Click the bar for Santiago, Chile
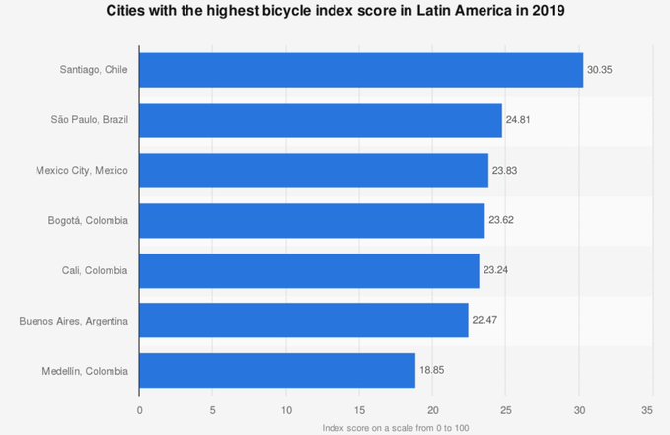tap(360, 70)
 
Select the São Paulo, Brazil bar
tap(320, 120)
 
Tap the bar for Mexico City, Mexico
tap(313, 171)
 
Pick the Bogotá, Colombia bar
tap(311, 221)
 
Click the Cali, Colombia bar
tap(309, 270)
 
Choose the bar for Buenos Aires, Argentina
tap(303, 321)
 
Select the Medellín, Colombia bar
tap(276, 371)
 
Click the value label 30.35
tap(600, 71)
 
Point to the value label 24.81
tap(519, 120)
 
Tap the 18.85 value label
tap(432, 371)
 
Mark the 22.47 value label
tap(485, 321)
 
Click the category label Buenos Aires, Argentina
tap(75, 321)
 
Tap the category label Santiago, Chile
tap(96, 70)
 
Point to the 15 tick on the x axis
tap(359, 407)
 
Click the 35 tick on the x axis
tap(648, 407)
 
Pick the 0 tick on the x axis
tap(139, 407)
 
